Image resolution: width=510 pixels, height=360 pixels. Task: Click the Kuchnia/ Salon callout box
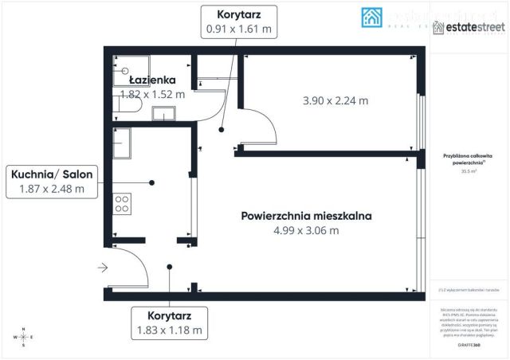click(x=51, y=182)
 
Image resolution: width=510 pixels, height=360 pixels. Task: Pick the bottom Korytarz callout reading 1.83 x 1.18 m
click(x=168, y=322)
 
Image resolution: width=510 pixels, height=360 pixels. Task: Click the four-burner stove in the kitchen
click(x=123, y=204)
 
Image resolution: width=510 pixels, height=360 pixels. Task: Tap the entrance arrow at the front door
click(x=101, y=268)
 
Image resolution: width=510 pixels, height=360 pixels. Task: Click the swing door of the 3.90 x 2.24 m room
click(x=261, y=127)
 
